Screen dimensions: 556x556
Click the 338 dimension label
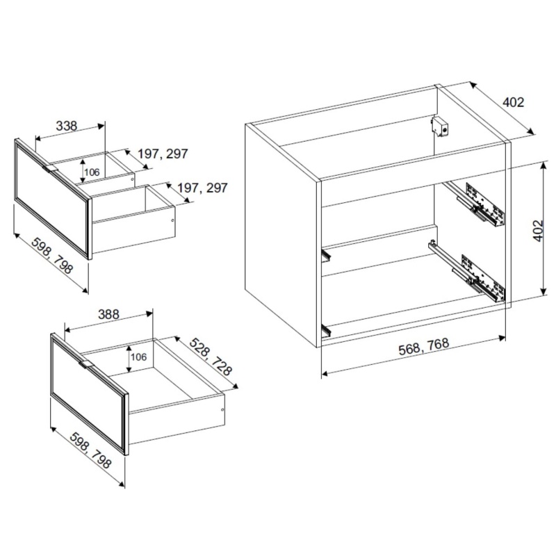point(67,126)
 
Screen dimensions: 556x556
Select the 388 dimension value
point(109,315)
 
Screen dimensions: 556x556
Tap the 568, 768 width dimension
point(424,346)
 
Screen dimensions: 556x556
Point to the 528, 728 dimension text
point(211,357)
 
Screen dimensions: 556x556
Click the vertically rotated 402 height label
point(538,231)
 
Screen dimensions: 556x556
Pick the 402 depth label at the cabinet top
point(513,102)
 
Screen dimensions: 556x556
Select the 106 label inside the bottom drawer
point(138,357)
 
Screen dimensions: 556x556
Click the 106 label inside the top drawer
point(92,172)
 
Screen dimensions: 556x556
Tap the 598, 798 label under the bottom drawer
point(90,450)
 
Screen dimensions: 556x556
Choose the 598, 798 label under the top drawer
point(52,256)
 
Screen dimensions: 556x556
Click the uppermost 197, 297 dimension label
point(163,154)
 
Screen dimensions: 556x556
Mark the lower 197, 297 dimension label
point(202,188)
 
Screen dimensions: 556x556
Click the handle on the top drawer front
point(50,168)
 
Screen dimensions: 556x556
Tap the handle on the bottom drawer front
point(86,363)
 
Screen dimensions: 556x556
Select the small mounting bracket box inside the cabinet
point(440,127)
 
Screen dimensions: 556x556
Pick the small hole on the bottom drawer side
point(222,410)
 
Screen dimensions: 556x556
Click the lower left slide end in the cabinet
point(326,329)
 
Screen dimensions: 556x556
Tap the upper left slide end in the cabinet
point(326,255)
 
